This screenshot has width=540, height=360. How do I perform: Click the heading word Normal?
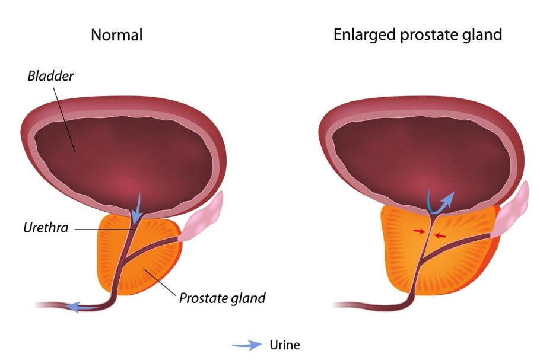(116, 35)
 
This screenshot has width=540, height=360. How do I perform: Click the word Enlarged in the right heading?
(361, 35)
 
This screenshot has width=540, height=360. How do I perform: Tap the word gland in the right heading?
(482, 35)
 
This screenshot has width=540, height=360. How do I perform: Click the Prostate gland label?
(222, 297)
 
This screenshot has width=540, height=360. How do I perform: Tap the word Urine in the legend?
(285, 345)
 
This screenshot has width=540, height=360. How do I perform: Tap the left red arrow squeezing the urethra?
(419, 231)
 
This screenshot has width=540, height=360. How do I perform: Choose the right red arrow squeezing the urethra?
(440, 235)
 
